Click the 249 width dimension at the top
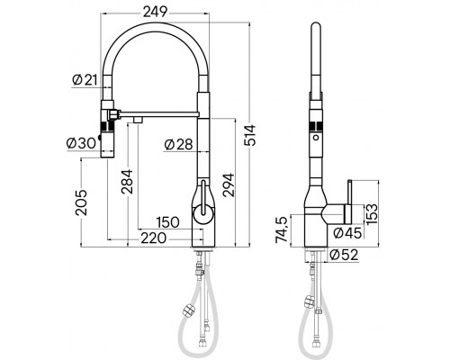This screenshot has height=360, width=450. click(154, 11)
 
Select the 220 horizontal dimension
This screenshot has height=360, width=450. click(154, 239)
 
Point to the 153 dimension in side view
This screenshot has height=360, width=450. click(370, 213)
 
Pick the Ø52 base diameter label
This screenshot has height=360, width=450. click(341, 255)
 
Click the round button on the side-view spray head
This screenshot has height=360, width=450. click(315, 142)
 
